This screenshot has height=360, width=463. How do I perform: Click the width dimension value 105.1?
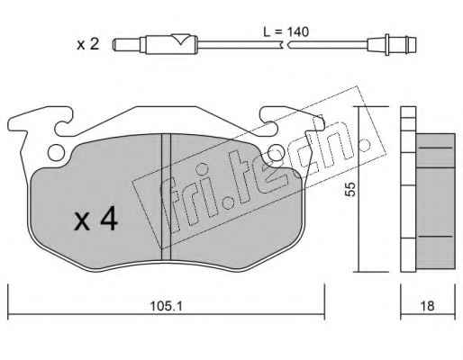(167, 306)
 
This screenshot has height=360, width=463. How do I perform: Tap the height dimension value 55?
(350, 189)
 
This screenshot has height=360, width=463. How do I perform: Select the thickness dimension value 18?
(427, 306)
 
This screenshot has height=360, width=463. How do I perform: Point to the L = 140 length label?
(286, 31)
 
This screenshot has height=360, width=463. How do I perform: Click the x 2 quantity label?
(87, 44)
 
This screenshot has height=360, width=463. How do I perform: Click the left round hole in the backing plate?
(56, 152)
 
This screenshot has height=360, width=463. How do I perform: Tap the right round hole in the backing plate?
(276, 152)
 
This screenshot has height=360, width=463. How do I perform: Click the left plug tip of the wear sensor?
(127, 45)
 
